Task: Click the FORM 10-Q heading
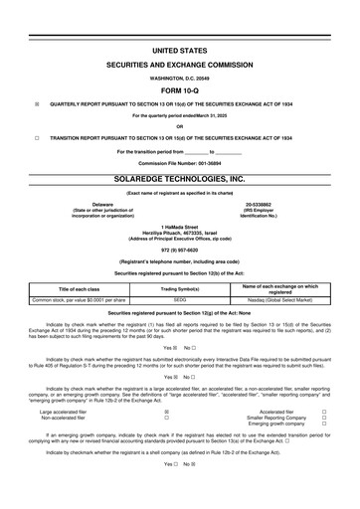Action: (x=180, y=87)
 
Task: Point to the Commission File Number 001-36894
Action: (x=180, y=161)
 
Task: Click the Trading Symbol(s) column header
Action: (x=180, y=288)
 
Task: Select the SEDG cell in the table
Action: (x=180, y=299)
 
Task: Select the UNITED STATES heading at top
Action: (x=180, y=48)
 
